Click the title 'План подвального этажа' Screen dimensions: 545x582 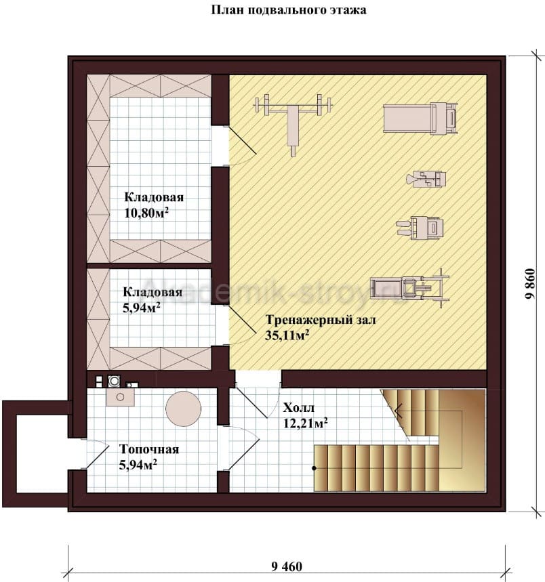click(289, 10)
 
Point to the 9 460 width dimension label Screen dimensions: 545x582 click(287, 567)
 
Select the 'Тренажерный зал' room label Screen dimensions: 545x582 click(321, 320)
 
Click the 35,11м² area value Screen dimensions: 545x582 click(287, 335)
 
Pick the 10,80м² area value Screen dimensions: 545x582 click(146, 213)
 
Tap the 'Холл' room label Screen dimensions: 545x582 click(298, 408)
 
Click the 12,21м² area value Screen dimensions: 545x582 click(305, 423)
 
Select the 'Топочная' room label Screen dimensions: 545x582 click(149, 449)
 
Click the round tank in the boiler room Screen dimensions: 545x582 click(184, 409)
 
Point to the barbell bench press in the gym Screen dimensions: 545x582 click(293, 119)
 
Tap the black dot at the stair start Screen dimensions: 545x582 click(314, 468)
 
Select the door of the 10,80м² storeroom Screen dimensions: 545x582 click(241, 146)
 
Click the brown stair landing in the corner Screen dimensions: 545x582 click(462, 440)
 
